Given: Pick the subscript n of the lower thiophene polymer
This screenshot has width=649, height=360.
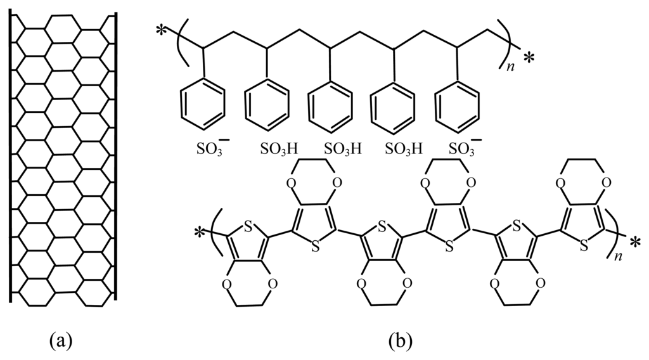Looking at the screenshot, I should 620,255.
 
